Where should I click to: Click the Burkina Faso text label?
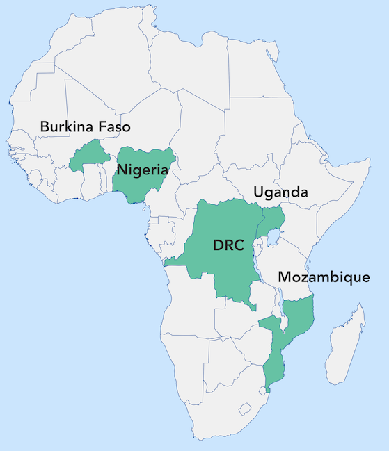tap(85, 126)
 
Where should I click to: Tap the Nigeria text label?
tap(142, 170)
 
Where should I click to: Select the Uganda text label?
tap(280, 192)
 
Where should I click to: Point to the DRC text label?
tap(227, 245)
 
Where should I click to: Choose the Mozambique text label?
tap(324, 277)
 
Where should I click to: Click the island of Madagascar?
tap(346, 347)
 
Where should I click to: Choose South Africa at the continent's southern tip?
tap(216, 410)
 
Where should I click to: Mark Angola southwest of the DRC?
tap(188, 306)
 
